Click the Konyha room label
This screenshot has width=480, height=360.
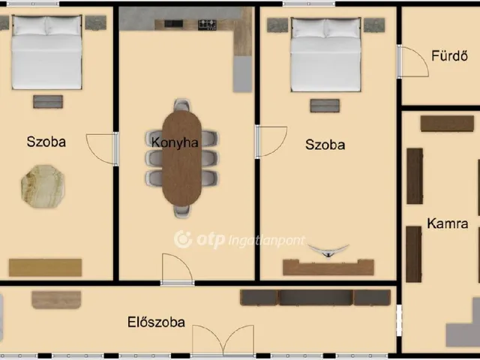pos(175,142)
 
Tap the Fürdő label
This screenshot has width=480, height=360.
pos(449,55)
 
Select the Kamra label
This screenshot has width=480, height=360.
pos(448,223)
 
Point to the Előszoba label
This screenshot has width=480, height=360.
pos(156,322)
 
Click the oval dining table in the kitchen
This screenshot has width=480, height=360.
pos(181,158)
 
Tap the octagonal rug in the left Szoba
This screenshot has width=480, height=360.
pos(43,187)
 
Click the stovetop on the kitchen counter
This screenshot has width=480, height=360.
pos(207,25)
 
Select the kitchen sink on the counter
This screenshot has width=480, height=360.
pos(173,23)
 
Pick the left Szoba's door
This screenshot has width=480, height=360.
pos(102,149)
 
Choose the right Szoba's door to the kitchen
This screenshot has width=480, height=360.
pos(271,142)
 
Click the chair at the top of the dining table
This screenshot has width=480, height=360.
pos(181,105)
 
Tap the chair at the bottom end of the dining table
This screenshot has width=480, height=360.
pos(181,211)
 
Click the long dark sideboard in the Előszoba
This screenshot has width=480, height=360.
pos(315,298)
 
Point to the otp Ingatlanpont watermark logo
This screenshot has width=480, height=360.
pos(240,240)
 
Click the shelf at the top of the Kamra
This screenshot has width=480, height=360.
pos(447,124)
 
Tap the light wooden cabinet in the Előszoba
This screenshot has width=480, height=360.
pos(56,300)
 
